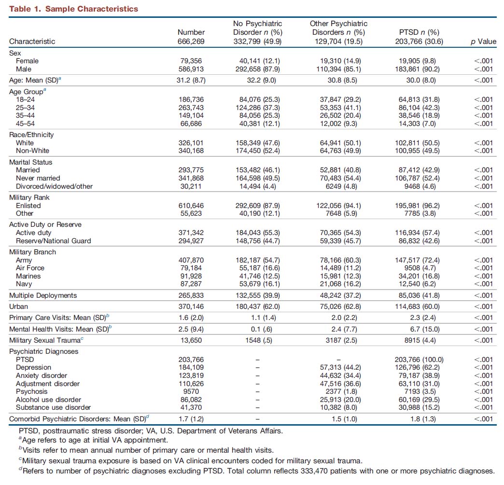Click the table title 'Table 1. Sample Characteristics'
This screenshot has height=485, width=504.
[x=73, y=9]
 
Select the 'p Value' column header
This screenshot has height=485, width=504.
[x=483, y=42]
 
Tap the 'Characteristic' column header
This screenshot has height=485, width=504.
[x=32, y=42]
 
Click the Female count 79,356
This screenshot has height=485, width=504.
[x=191, y=61]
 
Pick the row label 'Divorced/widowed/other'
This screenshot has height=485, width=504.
[x=55, y=186]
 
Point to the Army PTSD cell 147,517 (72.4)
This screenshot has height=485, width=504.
[x=417, y=260]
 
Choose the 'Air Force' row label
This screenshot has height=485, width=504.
[x=30, y=268]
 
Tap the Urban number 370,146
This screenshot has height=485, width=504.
[x=191, y=306]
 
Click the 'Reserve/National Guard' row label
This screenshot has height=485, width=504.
[x=54, y=241]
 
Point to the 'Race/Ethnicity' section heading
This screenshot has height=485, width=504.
[x=31, y=135]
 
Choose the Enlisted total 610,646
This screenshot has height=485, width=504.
[x=191, y=206]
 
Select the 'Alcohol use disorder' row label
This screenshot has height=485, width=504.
[x=49, y=400]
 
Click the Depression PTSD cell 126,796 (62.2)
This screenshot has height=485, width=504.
[x=417, y=367]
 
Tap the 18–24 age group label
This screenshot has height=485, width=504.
[x=26, y=99]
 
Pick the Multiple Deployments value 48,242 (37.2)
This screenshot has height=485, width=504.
[x=340, y=295]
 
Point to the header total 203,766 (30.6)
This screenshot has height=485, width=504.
[x=419, y=42]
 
